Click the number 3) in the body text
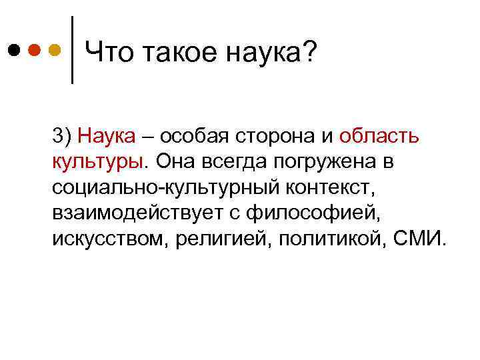[63, 137]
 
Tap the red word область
[379, 137]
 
